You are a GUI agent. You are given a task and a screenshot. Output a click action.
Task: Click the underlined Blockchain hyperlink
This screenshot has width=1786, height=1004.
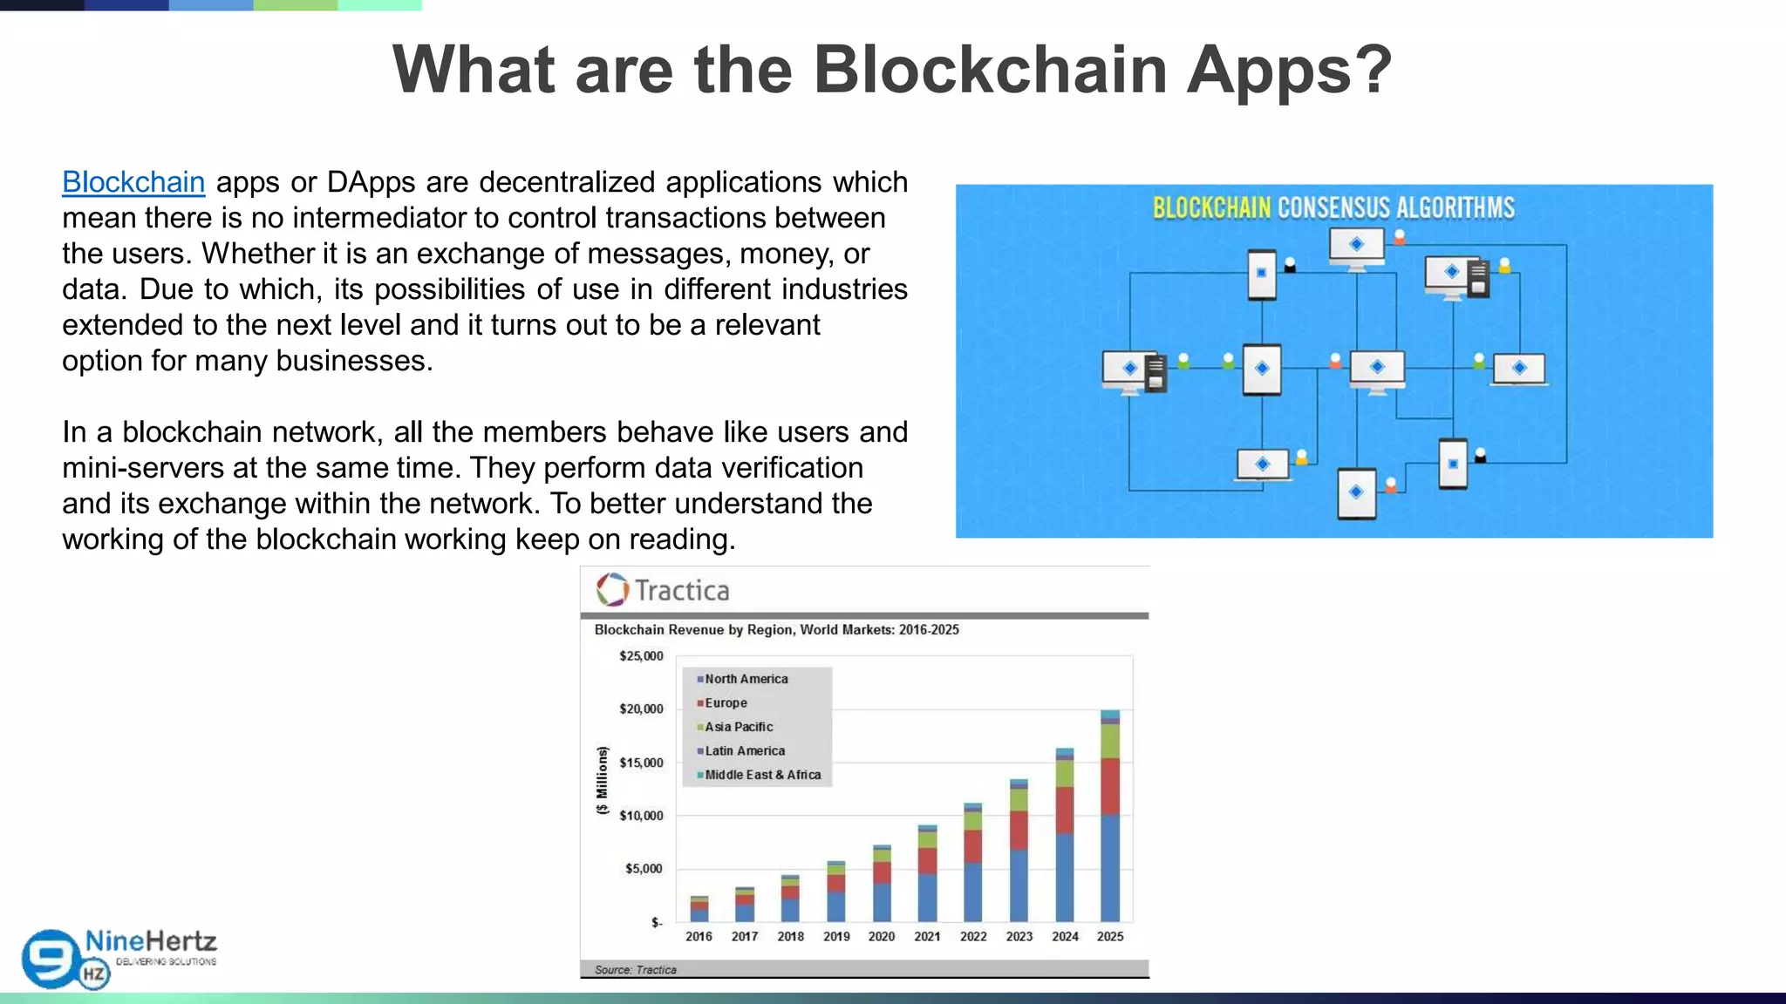(x=133, y=182)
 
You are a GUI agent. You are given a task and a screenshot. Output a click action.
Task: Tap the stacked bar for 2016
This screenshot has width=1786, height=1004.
(x=699, y=909)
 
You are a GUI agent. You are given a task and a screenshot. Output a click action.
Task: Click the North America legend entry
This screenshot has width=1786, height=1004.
(x=746, y=679)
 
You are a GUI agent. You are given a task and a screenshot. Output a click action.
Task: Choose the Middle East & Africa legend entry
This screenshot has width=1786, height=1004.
(x=762, y=775)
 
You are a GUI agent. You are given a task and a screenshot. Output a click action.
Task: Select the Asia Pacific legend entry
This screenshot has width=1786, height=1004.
(x=739, y=727)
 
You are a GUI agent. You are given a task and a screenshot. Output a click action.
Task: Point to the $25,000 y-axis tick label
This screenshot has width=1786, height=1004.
(x=641, y=656)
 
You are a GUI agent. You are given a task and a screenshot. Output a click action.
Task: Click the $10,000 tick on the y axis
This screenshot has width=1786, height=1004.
(x=641, y=816)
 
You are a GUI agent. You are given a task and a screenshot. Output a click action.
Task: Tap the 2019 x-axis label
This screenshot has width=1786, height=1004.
(x=836, y=937)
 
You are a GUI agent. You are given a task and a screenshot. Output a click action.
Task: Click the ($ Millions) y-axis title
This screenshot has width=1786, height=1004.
(x=602, y=780)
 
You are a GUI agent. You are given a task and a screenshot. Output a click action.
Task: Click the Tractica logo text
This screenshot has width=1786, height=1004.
(x=681, y=591)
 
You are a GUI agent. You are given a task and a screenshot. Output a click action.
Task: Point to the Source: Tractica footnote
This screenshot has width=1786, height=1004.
(x=635, y=970)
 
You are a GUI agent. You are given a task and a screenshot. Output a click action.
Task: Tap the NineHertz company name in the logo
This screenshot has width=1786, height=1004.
(x=151, y=941)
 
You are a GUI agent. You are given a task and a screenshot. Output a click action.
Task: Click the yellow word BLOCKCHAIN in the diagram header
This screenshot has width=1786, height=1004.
(x=1211, y=208)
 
